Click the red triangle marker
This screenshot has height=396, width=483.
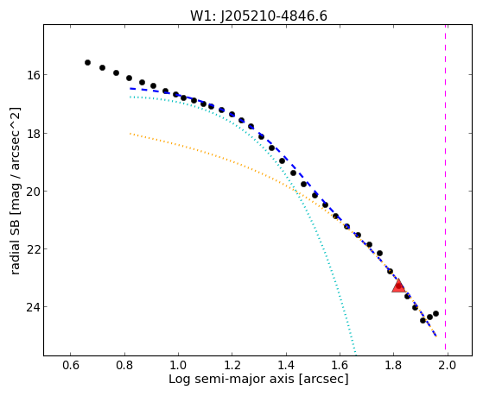pos(398,286)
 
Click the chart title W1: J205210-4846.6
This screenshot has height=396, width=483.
pos(258,16)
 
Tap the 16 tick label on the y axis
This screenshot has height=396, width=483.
pos(33,75)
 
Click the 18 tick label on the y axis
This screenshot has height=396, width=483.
pos(33,133)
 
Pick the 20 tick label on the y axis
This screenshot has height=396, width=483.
pos(33,191)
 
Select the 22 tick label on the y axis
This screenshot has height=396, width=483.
pos(33,249)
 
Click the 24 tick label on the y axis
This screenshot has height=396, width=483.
pos(33,307)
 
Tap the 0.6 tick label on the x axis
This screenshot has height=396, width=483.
pos(71,365)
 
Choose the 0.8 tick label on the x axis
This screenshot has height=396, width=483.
pos(124,365)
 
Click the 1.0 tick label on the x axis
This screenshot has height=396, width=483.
pos(178,365)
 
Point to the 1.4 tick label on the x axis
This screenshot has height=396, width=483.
pos(286,365)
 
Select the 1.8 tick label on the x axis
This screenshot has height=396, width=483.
pos(393,365)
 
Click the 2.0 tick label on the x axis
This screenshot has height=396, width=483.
pos(448,365)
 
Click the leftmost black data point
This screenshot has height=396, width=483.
pos(87,62)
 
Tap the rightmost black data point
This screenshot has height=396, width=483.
pos(435,313)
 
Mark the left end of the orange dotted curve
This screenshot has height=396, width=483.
pos(130,134)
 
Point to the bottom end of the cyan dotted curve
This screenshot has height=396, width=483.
pos(356,354)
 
